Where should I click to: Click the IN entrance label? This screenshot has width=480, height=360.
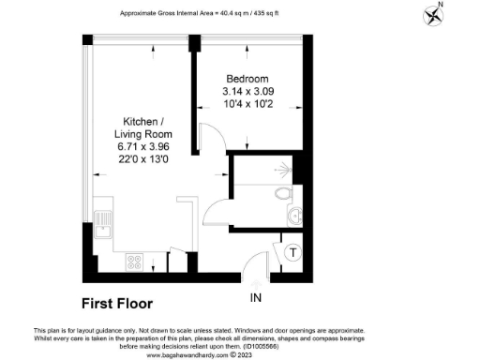256,298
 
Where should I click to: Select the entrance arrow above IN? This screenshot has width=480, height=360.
256,281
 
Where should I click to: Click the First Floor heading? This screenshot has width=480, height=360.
116,304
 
